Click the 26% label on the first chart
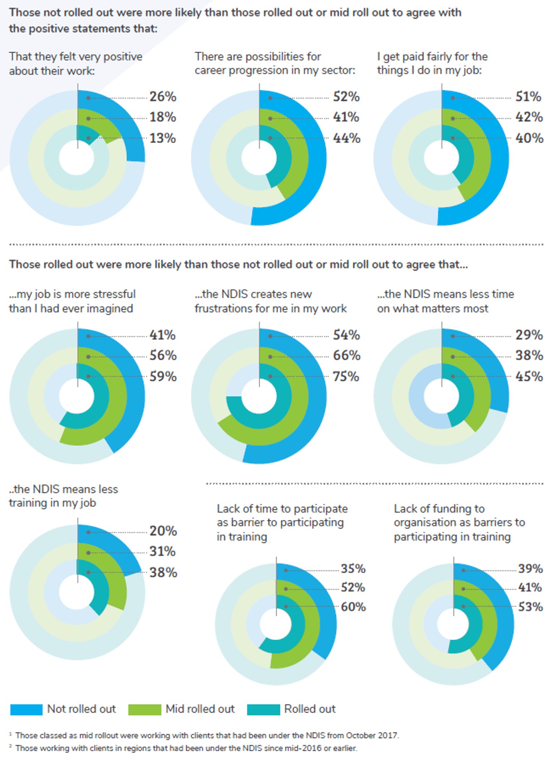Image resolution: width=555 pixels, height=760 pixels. click(163, 96)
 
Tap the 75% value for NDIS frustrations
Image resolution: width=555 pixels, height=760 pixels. click(346, 376)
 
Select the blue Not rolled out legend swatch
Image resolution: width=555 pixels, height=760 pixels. click(26, 709)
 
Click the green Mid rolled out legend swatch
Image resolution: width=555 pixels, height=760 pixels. click(145, 709)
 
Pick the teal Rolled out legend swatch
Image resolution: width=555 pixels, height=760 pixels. click(263, 709)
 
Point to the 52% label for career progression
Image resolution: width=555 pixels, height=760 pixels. click(346, 96)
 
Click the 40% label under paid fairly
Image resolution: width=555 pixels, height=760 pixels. click(529, 138)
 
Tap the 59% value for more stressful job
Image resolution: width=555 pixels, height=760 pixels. click(163, 376)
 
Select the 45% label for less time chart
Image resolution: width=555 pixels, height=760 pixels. click(529, 376)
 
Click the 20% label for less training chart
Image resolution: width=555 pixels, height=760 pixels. click(163, 531)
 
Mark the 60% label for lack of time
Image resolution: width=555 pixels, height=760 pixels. click(353, 606)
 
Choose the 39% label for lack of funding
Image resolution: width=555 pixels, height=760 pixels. click(530, 568)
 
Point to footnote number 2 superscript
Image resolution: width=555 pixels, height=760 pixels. click(10, 746)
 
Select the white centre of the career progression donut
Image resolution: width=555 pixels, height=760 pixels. click(259, 158)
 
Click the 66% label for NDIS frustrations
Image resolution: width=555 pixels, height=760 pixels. click(346, 355)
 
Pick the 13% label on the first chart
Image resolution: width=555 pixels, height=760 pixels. click(163, 138)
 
